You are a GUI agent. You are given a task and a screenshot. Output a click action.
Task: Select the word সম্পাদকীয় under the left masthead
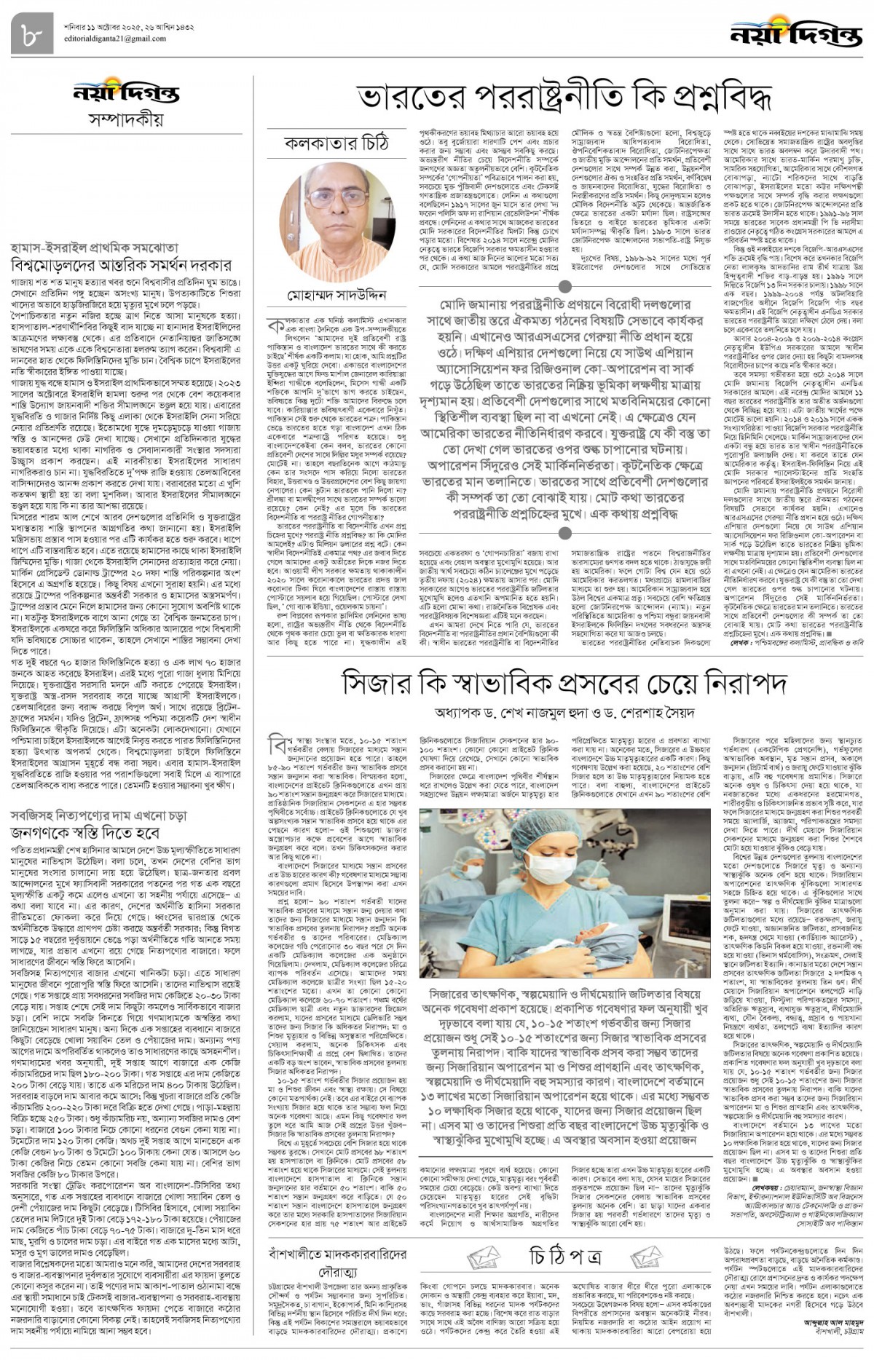click(x=127, y=118)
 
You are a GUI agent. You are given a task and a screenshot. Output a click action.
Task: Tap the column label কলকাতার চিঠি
click(x=336, y=143)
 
